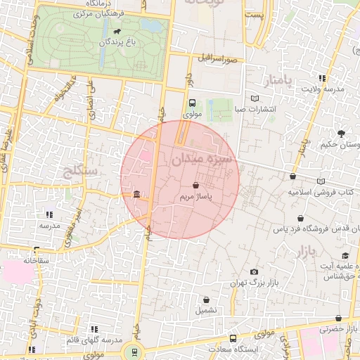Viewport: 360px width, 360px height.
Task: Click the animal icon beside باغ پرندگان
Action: (x=115, y=32)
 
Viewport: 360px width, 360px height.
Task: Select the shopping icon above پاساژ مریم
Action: (x=195, y=186)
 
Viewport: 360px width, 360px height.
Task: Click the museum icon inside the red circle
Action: (x=136, y=195)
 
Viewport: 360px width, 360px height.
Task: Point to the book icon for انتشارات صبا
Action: (x=255, y=99)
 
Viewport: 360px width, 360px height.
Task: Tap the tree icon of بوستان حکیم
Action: (x=342, y=133)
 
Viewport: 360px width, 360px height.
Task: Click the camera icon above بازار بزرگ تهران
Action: (x=254, y=271)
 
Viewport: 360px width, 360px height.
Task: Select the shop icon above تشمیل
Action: (x=206, y=299)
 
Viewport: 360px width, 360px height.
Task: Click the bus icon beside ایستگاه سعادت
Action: (x=233, y=338)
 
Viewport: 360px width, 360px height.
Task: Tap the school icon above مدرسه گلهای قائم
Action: (x=94, y=328)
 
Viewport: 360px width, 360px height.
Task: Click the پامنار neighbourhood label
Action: (x=277, y=79)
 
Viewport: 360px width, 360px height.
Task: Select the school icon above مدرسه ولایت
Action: (x=323, y=78)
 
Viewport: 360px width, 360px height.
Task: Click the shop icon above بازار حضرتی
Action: (x=338, y=319)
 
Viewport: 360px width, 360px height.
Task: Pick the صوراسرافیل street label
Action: (x=221, y=59)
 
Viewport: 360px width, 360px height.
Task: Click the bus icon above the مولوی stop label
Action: (x=193, y=102)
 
